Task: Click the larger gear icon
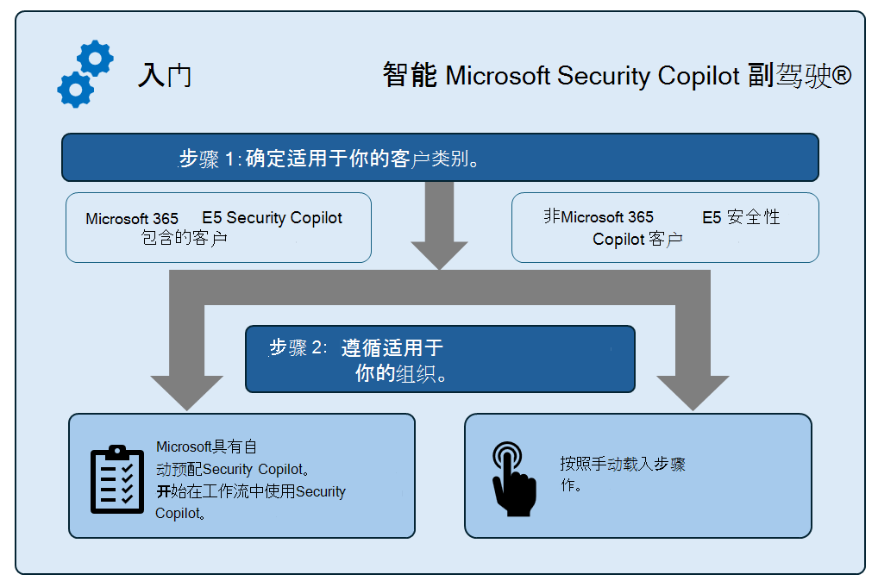coord(75,89)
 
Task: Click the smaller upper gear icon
coord(95,58)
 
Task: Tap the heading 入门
coord(164,76)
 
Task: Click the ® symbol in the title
coord(843,76)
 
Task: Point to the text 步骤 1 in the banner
coord(208,159)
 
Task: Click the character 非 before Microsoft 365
coord(552,216)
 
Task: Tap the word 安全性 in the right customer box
coord(754,217)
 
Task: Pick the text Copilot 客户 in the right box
coord(637,239)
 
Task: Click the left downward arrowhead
coord(186,392)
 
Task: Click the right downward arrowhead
coord(693,392)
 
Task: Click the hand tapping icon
coord(511,478)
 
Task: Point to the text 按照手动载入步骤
coord(622,464)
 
